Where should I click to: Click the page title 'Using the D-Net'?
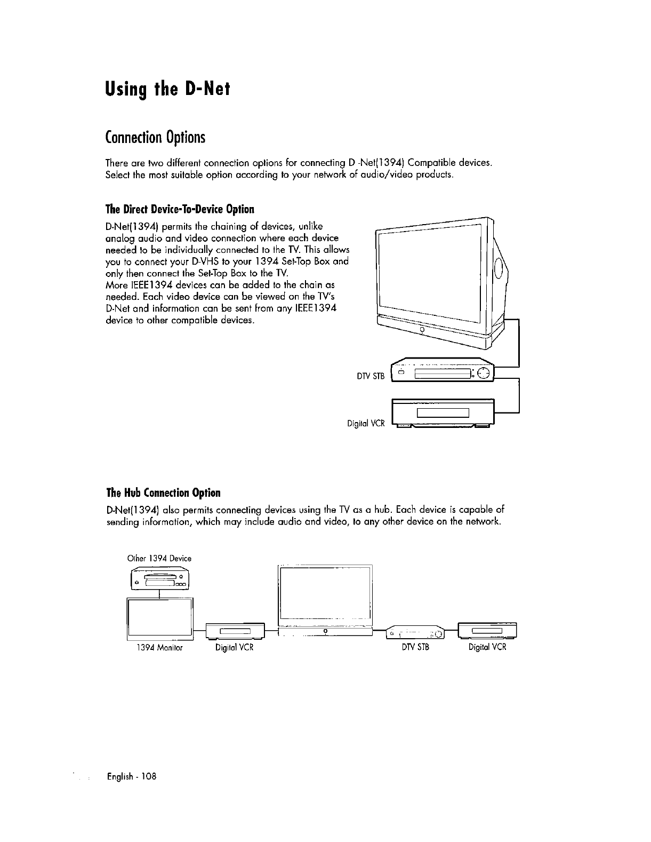click(167, 88)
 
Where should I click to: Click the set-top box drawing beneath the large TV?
click(443, 371)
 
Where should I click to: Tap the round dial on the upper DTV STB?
click(484, 373)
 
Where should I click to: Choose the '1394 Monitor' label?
click(159, 647)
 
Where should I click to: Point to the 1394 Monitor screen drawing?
click(159, 618)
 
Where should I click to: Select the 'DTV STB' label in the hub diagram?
click(416, 647)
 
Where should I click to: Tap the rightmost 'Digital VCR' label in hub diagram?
click(487, 647)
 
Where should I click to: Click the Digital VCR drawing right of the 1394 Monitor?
click(235, 632)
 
